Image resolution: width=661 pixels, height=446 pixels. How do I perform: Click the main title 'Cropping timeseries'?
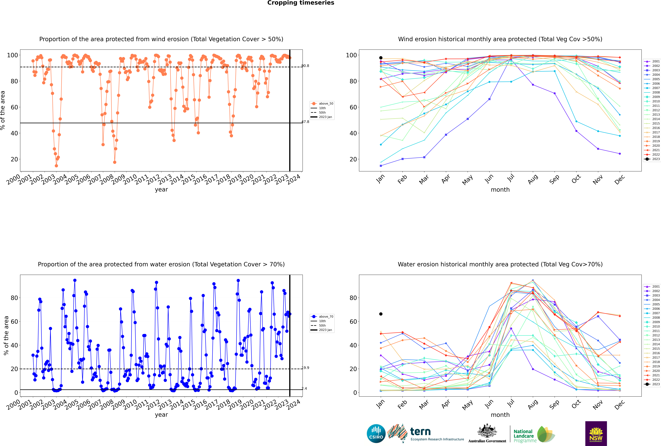coord(301,3)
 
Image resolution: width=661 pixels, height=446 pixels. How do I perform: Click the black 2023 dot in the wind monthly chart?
coord(381,58)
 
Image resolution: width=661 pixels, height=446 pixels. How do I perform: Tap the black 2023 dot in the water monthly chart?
coord(381,314)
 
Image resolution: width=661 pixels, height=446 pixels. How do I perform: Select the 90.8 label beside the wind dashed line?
coord(305,66)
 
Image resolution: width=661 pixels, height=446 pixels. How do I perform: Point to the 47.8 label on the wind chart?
coord(305,122)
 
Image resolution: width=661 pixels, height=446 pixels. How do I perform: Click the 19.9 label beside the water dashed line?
coord(305,368)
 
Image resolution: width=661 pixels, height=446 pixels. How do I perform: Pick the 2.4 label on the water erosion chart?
coord(304,389)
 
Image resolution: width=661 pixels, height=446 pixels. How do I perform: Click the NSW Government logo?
coord(596,434)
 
